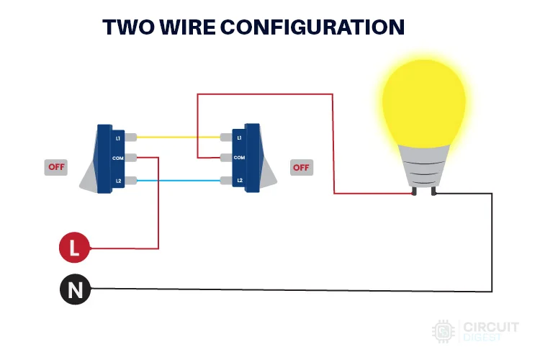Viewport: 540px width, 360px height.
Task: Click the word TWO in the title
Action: click(x=129, y=27)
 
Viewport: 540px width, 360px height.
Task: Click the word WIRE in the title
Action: click(x=188, y=27)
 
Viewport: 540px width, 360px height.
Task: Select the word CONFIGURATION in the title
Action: click(x=312, y=27)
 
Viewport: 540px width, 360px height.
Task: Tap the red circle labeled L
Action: click(x=74, y=248)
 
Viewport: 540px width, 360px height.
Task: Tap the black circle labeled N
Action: click(x=75, y=289)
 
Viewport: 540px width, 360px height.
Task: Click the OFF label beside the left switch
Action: click(x=56, y=167)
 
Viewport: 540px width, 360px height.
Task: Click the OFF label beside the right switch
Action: click(x=302, y=168)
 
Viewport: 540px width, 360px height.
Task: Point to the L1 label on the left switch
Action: click(x=118, y=138)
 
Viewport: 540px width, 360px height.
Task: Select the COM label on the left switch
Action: click(x=118, y=158)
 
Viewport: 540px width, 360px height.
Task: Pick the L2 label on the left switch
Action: click(x=119, y=181)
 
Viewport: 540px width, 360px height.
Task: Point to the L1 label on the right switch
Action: click(x=239, y=138)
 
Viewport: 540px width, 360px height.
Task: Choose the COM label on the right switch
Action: click(x=239, y=158)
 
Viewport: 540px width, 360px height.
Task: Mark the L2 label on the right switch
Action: click(x=240, y=180)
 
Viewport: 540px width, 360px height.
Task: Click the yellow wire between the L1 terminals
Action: click(x=179, y=137)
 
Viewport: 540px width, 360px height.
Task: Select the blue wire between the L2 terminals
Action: click(x=179, y=181)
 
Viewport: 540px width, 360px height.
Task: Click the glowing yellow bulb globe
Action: click(x=424, y=102)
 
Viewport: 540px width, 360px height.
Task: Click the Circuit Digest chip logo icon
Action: click(x=444, y=331)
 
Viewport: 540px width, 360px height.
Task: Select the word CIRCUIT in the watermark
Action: click(x=491, y=327)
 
